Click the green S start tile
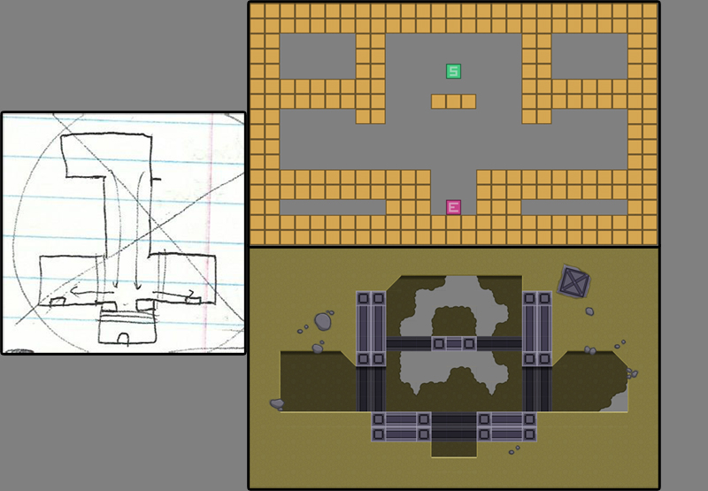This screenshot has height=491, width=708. [x=453, y=72]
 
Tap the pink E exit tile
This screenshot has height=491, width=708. [x=453, y=207]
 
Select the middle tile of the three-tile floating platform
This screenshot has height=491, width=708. [x=453, y=102]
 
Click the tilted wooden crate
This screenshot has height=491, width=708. [x=573, y=281]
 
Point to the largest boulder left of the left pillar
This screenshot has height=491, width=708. [x=322, y=321]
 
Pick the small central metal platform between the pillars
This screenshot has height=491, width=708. [x=454, y=344]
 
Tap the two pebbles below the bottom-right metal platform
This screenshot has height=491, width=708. [x=514, y=450]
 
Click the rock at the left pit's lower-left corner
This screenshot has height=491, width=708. [x=277, y=404]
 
